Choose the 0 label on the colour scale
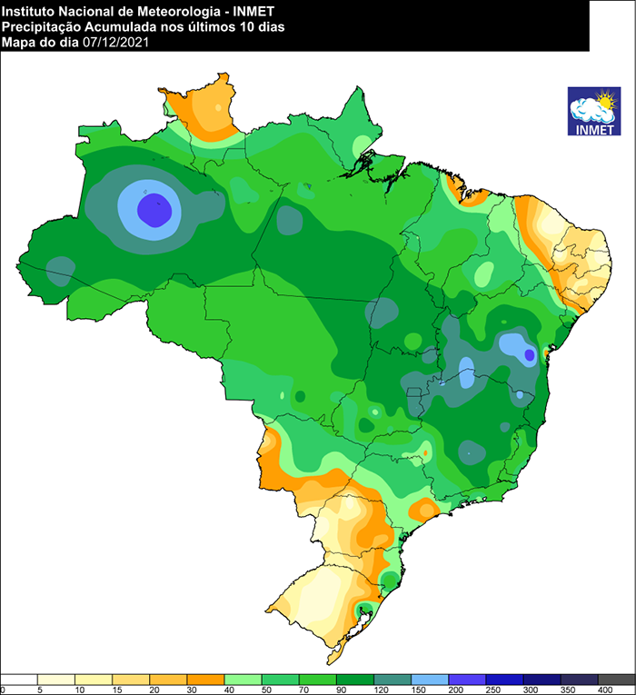click(4, 690)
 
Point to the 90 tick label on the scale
click(336, 690)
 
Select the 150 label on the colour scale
click(411, 690)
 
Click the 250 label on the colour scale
click(485, 690)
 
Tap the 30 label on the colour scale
click(187, 690)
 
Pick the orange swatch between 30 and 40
click(205, 679)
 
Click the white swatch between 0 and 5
click(19, 679)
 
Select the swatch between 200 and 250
click(467, 679)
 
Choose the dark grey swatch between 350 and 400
click(616, 679)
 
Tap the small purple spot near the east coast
click(530, 357)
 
